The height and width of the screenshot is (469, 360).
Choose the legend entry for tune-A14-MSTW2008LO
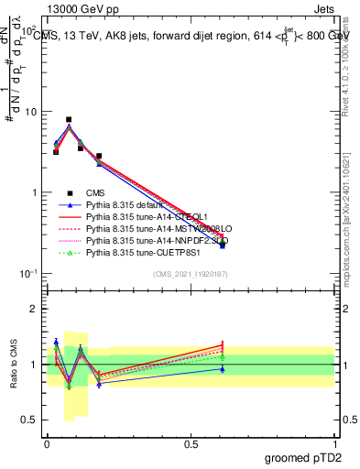[x=147, y=228]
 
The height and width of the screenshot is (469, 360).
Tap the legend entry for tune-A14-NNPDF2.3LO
[x=147, y=240]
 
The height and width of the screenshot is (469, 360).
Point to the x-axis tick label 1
[x=335, y=442]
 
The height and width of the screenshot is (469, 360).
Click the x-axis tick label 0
[x=47, y=442]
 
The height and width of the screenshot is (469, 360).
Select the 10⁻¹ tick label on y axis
[x=29, y=274]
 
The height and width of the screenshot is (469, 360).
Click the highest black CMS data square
[x=69, y=119]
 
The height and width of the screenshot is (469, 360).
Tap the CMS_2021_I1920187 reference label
[x=190, y=275]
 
